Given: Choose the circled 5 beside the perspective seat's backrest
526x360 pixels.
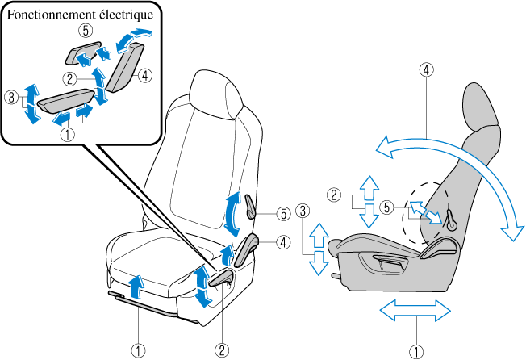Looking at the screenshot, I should tap(282, 214).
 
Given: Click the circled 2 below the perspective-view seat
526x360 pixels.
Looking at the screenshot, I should tap(221, 350).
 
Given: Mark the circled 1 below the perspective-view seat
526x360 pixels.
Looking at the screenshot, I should tap(140, 350).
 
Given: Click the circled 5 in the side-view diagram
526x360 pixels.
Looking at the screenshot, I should tap(389, 207).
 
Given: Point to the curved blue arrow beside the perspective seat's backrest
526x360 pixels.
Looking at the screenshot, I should tap(232, 213).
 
